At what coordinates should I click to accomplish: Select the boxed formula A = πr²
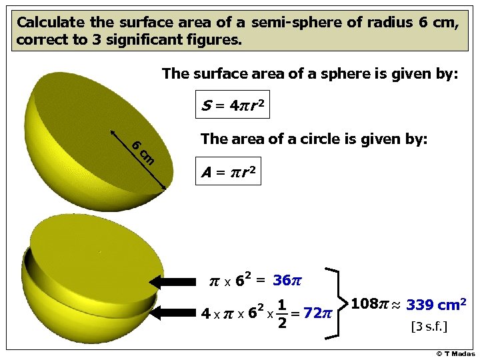pyautogui.click(x=227, y=173)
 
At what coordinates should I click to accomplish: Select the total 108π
pyautogui.click(x=369, y=305)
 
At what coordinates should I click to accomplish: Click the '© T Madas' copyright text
pyautogui.click(x=456, y=353)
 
